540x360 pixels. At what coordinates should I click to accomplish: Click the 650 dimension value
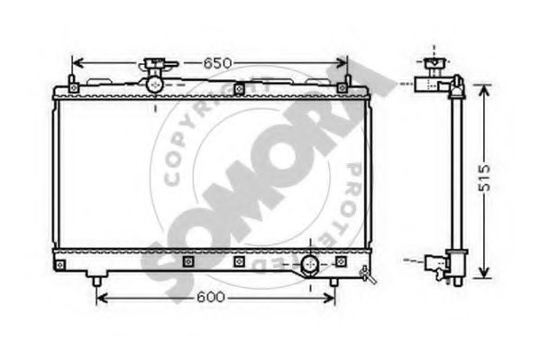[x=217, y=63]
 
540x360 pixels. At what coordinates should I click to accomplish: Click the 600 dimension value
[x=211, y=297]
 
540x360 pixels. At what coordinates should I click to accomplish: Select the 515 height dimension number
[x=484, y=178]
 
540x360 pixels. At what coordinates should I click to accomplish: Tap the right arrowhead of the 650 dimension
[x=341, y=63]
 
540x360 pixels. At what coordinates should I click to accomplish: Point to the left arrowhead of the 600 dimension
[x=102, y=298]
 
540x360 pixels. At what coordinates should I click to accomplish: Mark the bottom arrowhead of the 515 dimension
[x=484, y=272]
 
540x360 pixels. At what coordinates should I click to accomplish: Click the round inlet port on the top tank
[x=155, y=85]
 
